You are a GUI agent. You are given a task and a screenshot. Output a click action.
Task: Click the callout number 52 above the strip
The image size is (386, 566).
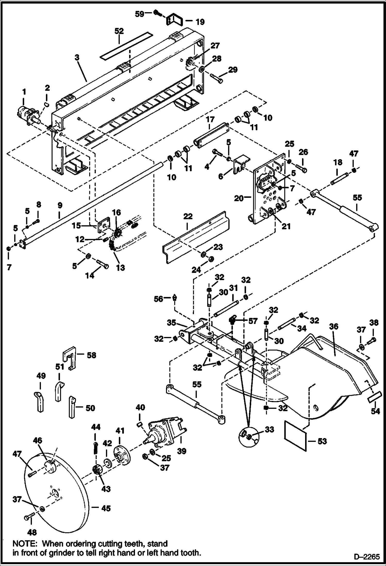[119, 31]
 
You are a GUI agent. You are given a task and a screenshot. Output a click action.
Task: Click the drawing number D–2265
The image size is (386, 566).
[367, 556]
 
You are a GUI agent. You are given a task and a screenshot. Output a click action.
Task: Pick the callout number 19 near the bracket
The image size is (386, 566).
[200, 22]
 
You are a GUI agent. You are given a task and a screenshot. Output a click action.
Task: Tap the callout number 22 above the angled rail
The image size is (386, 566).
[188, 216]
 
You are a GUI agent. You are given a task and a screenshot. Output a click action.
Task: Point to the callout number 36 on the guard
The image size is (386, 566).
[334, 327]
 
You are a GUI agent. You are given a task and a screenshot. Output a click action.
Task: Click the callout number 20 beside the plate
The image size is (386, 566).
[239, 198]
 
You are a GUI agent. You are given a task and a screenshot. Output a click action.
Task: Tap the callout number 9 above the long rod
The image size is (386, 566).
[60, 206]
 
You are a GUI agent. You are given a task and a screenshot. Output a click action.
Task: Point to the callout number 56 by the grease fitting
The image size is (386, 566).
[158, 299]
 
